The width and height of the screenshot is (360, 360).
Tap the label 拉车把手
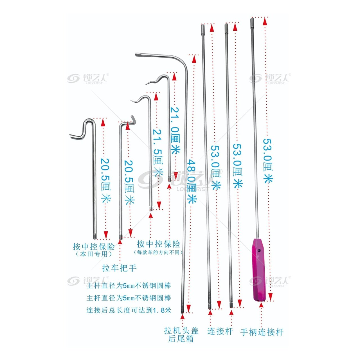[119, 268]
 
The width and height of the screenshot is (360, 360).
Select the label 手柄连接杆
[262, 332]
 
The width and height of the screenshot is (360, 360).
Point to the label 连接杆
[220, 331]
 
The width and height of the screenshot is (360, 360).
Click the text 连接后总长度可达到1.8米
[129, 310]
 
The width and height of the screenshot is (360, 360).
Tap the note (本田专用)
[94, 254]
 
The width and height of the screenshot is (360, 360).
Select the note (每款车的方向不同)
[158, 252]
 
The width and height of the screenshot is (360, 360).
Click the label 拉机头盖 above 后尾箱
[181, 330]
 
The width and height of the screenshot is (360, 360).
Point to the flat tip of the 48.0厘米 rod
[136, 55]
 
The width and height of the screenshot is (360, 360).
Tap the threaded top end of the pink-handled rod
[252, 20]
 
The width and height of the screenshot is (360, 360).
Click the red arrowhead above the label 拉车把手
[120, 242]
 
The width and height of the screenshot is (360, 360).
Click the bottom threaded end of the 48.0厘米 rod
[182, 310]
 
